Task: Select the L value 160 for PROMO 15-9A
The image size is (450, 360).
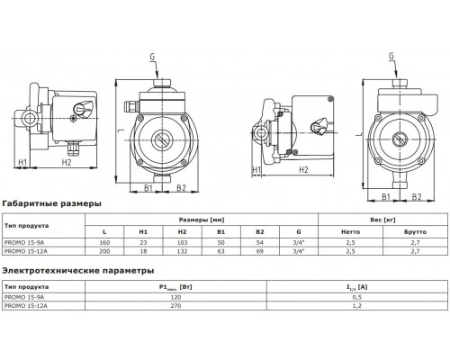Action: (x=106, y=243)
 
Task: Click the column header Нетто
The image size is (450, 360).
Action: (x=330, y=231)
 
